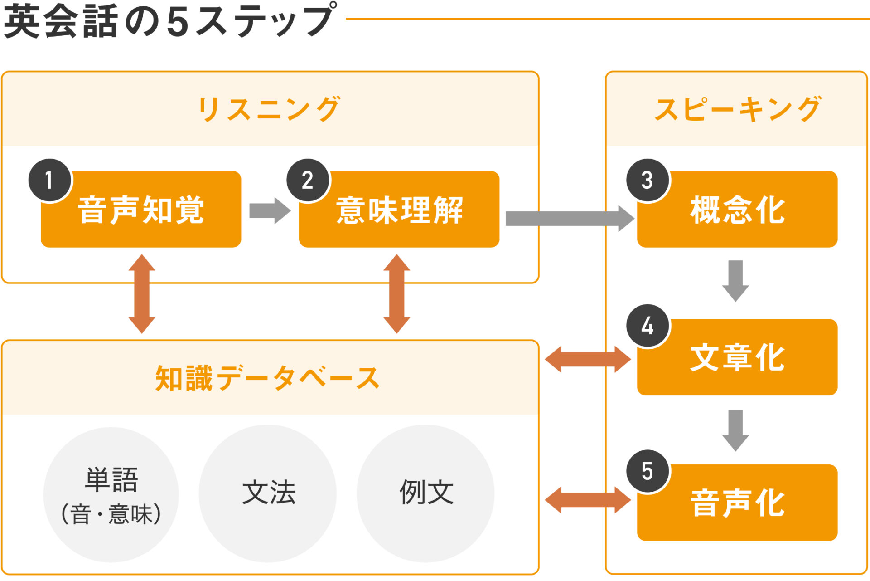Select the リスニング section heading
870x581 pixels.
coord(269,109)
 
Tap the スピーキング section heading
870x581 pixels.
coord(738,109)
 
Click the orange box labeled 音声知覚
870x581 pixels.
coord(141,210)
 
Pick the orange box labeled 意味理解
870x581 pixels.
coord(399,210)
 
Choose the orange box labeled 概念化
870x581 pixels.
coord(737,210)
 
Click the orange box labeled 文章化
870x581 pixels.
coord(737,358)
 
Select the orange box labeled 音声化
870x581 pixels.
coord(737,503)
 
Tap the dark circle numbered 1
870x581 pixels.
coord(49,180)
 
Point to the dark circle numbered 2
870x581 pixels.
coord(308,180)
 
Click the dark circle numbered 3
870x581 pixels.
coord(648,180)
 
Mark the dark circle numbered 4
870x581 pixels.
coord(648,326)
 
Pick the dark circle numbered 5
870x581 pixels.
coord(648,471)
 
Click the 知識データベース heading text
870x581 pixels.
coord(267,378)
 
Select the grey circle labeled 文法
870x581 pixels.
coord(268,493)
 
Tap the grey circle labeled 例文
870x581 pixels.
coord(425,493)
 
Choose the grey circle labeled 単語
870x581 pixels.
coord(111,495)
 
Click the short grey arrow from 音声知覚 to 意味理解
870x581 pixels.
coord(270,210)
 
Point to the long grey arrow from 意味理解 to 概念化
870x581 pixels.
coord(569,219)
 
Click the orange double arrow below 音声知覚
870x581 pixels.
coord(142,293)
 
